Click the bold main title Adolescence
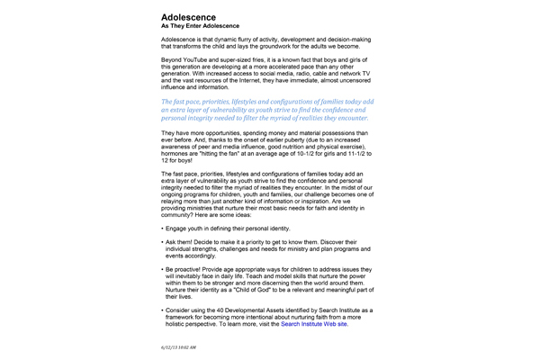[188, 17]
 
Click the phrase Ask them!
[181, 243]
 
